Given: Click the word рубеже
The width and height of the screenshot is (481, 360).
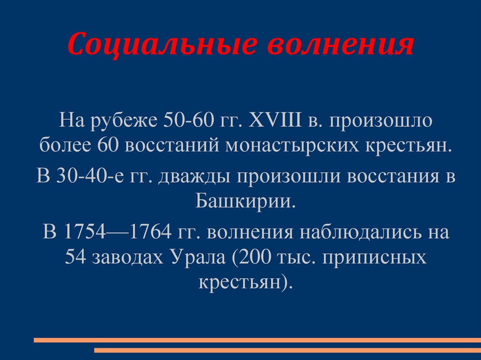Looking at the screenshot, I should pos(123,123).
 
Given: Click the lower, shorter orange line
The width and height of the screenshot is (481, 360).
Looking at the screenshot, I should pos(287,350).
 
